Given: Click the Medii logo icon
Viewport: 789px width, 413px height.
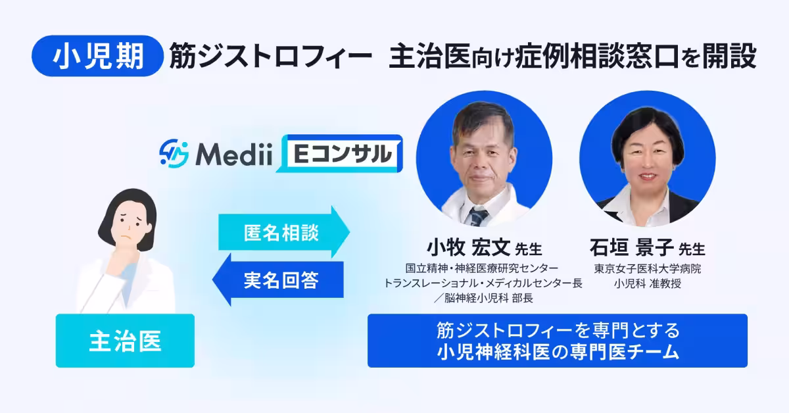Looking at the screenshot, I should [174, 153].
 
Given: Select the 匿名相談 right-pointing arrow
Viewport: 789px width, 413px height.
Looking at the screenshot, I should [283, 231].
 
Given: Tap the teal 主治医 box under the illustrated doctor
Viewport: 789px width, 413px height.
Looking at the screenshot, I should [125, 341].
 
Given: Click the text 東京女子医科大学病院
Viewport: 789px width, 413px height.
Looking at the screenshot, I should [648, 269].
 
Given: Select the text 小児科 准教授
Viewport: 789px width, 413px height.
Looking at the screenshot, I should [648, 284].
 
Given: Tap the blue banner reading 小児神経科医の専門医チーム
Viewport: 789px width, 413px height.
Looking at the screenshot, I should [557, 341].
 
